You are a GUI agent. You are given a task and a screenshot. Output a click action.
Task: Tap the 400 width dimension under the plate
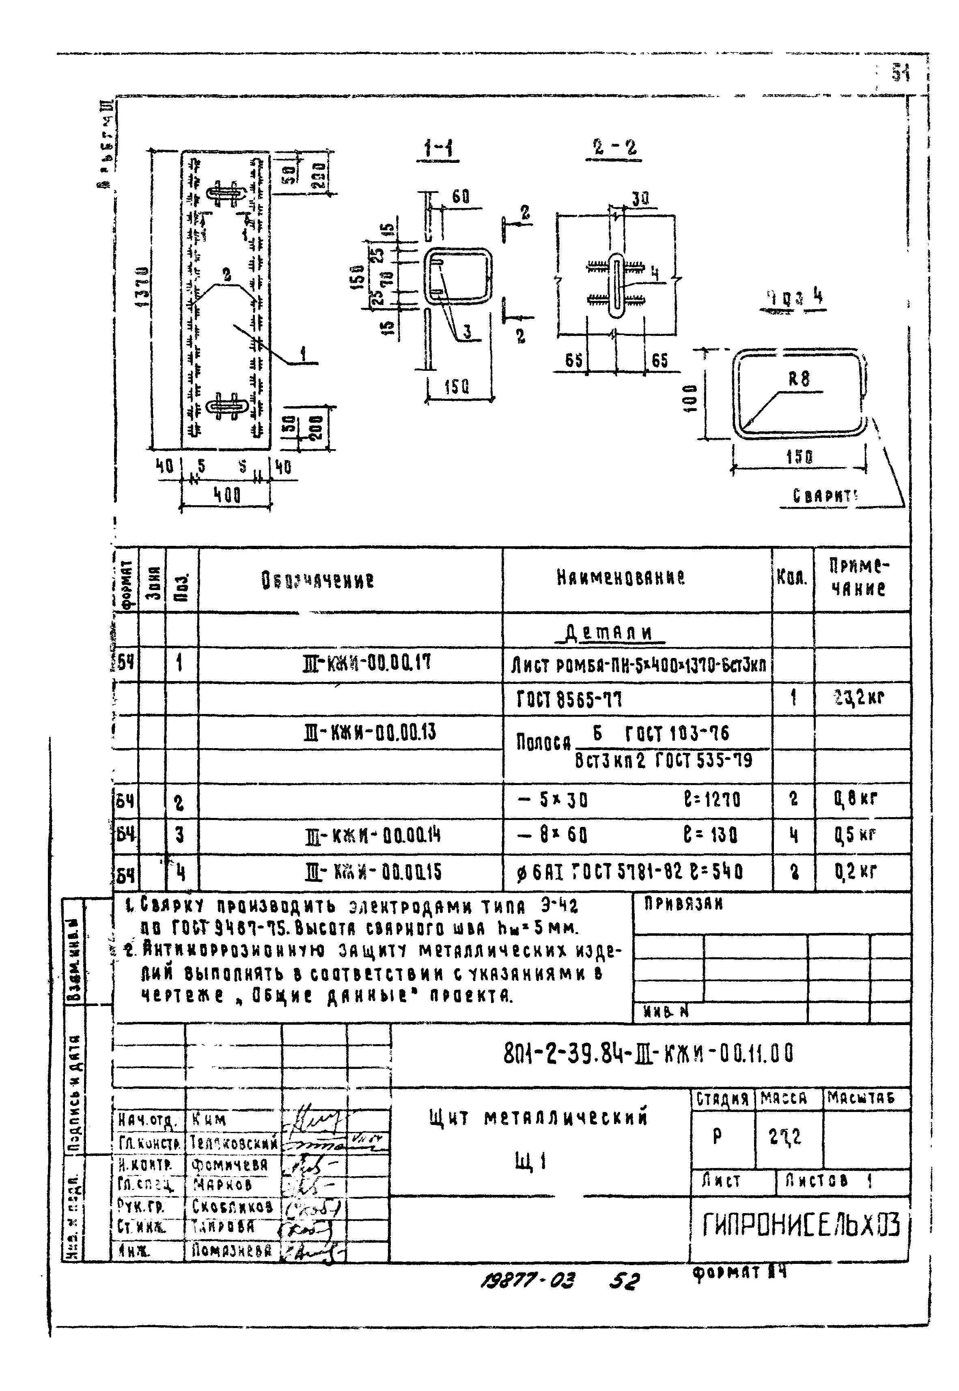click(226, 495)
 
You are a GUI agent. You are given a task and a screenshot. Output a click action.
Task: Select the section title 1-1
click(438, 149)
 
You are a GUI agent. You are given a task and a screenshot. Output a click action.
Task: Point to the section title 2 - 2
click(614, 147)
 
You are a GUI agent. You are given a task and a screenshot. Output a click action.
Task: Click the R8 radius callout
click(799, 379)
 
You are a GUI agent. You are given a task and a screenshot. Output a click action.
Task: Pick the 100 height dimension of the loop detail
click(692, 398)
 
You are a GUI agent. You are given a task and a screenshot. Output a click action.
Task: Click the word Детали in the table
click(608, 632)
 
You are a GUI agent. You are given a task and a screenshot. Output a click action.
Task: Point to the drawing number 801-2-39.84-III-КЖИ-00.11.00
click(648, 1053)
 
